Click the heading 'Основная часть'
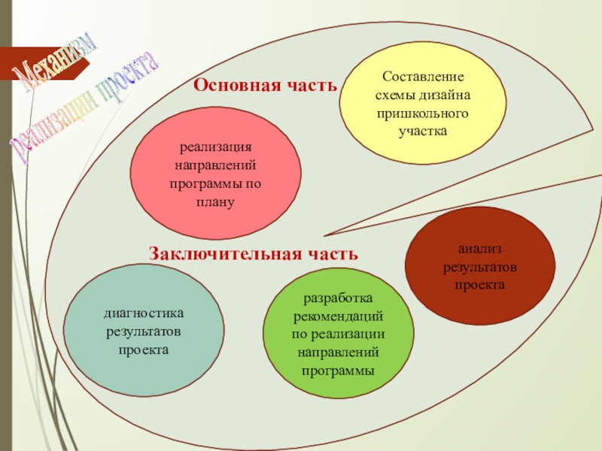click(x=266, y=85)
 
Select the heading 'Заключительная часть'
click(x=253, y=254)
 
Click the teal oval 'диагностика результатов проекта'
click(x=144, y=331)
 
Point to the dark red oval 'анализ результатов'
click(x=479, y=266)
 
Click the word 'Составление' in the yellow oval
click(x=423, y=77)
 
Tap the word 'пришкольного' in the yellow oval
click(x=423, y=114)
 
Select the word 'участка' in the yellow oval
click(x=423, y=132)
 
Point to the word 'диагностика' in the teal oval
click(x=144, y=313)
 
